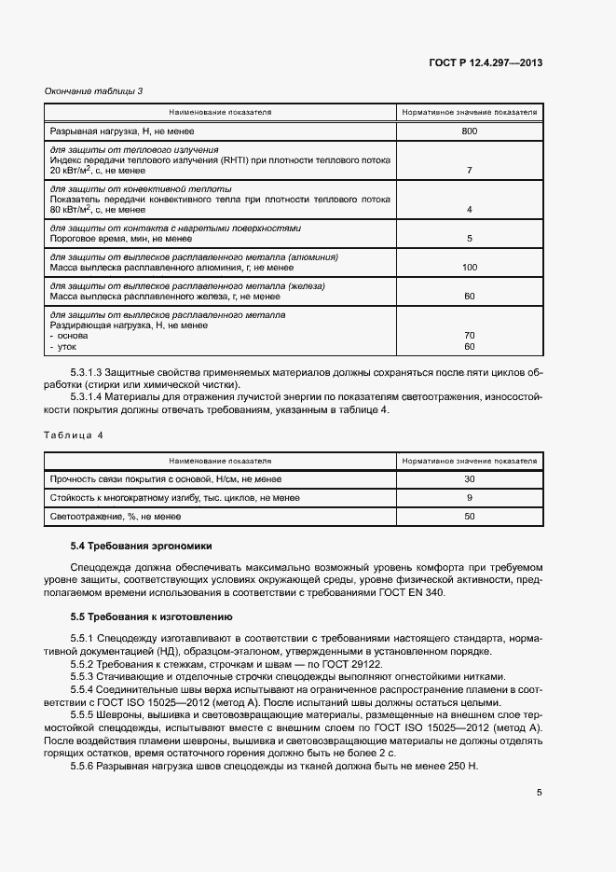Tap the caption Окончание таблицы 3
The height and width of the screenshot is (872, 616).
pyautogui.click(x=94, y=90)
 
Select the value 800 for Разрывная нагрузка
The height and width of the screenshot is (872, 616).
pyautogui.click(x=469, y=131)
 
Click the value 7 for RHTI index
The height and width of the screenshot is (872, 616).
pyautogui.click(x=469, y=171)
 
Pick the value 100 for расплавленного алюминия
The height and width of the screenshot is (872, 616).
pyautogui.click(x=469, y=268)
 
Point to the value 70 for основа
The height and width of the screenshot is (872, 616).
pyautogui.click(x=469, y=336)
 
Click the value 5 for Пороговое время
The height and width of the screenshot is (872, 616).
pyautogui.click(x=469, y=239)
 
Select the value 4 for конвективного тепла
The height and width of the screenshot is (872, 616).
pyautogui.click(x=469, y=210)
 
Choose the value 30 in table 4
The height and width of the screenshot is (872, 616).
pyautogui.click(x=469, y=479)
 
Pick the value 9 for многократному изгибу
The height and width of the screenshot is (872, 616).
pyautogui.click(x=469, y=498)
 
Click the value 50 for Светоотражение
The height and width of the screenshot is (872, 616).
pyautogui.click(x=469, y=517)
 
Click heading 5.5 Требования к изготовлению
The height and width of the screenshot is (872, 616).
pyautogui.click(x=152, y=617)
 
